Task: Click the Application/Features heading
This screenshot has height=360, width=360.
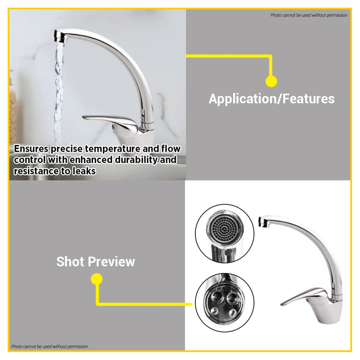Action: [272, 99]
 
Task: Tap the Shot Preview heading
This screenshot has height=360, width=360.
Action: [96, 261]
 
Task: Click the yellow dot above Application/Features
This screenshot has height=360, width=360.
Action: [271, 81]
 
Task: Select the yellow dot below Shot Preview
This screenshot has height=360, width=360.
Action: [96, 279]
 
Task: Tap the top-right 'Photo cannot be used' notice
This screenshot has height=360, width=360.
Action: [309, 15]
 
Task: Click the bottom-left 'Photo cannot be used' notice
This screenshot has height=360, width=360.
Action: [49, 347]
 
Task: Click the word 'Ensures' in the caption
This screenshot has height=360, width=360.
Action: [32, 149]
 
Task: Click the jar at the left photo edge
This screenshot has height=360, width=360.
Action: [12, 108]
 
